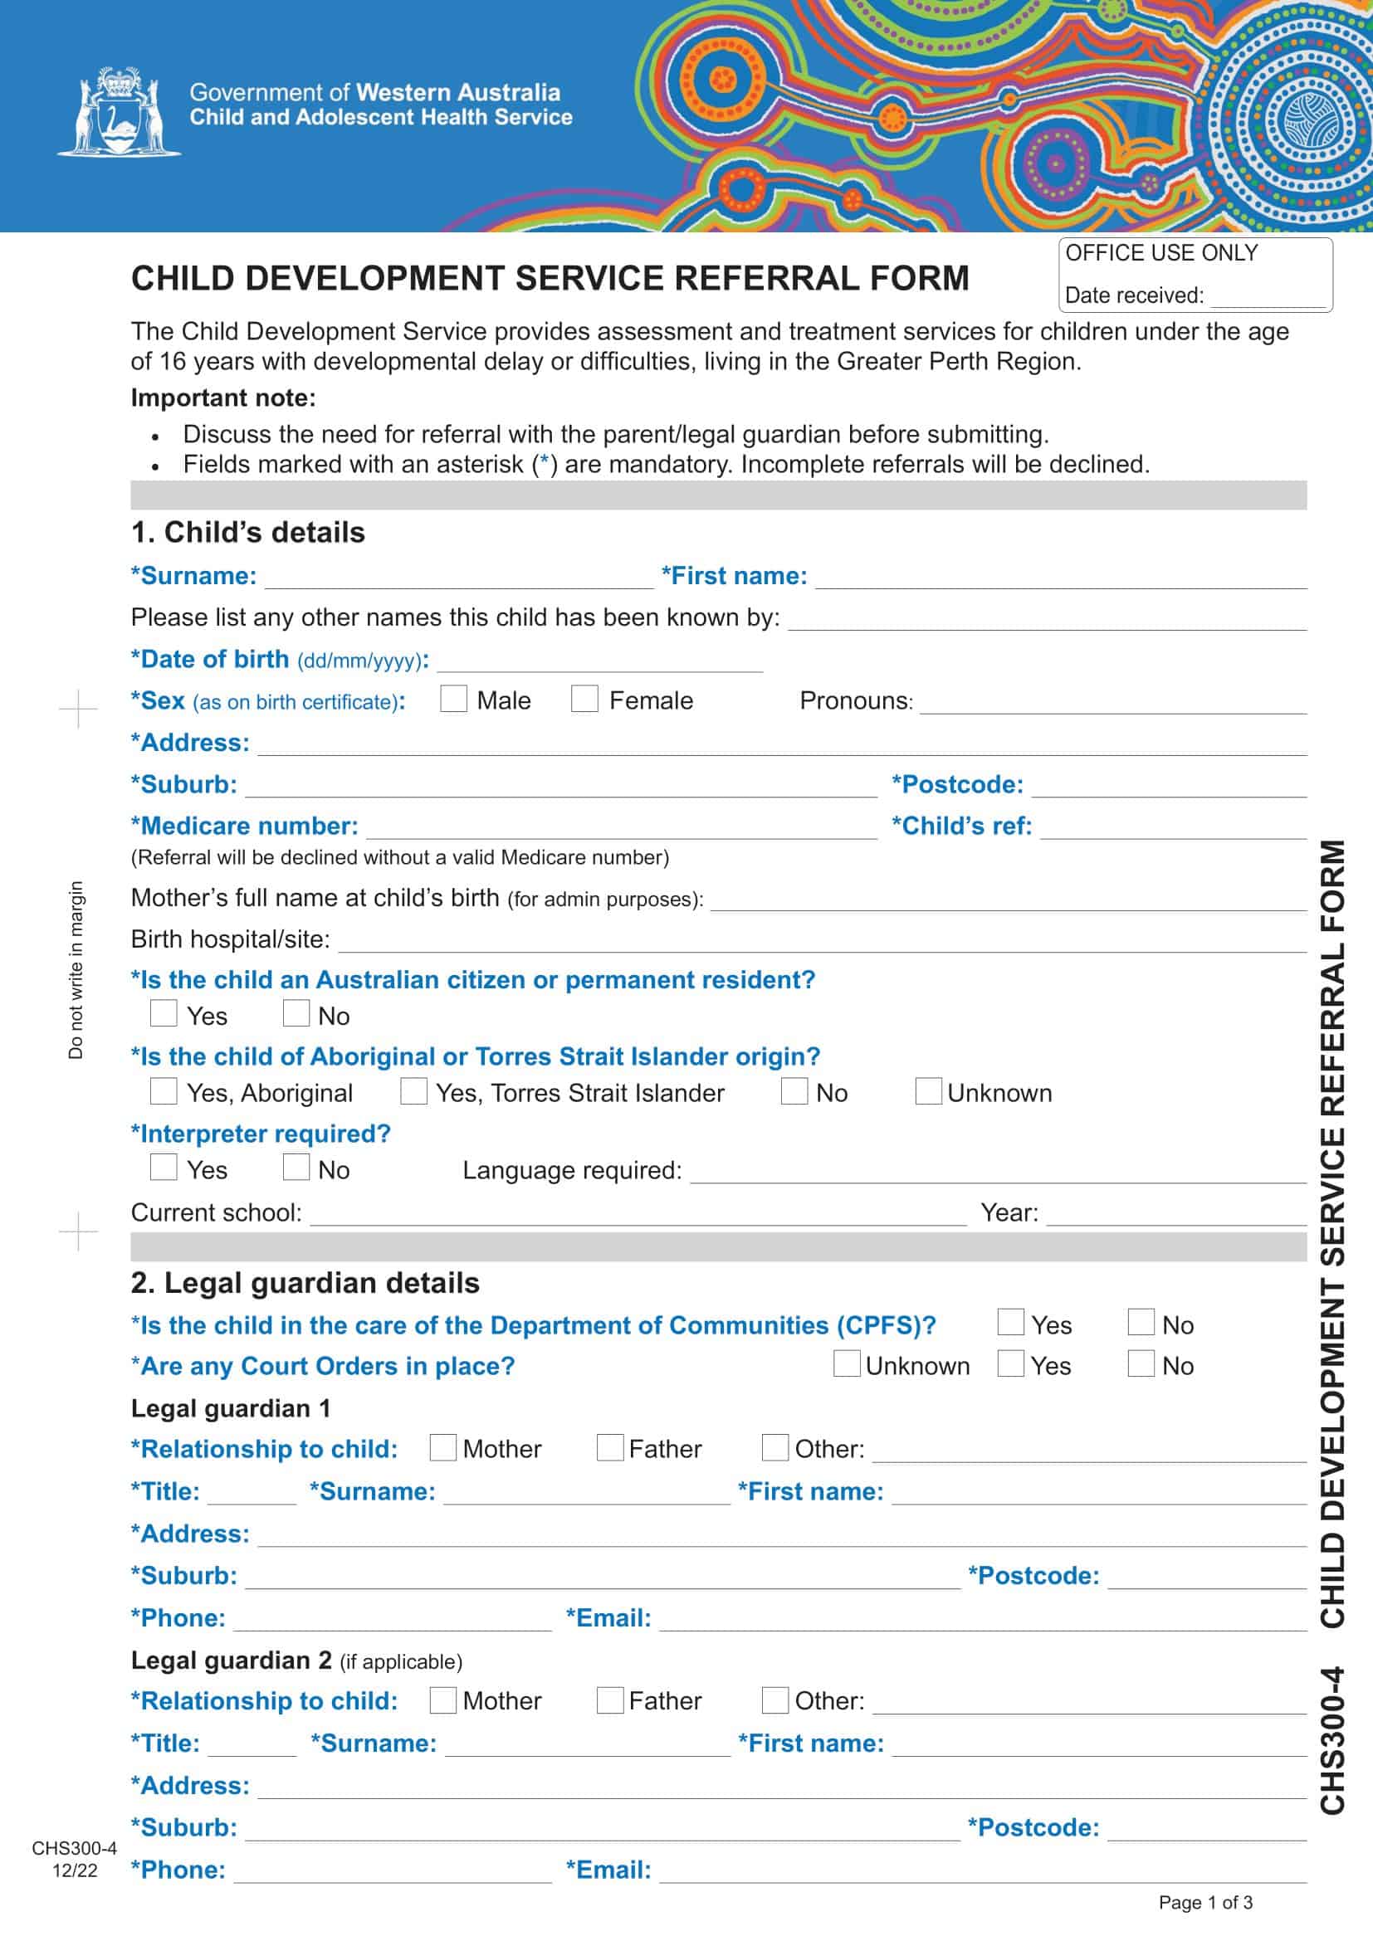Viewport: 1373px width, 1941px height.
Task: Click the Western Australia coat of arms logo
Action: coord(119,112)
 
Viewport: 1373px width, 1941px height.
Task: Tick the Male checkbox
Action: coord(453,699)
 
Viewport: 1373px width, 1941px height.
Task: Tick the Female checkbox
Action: coord(584,699)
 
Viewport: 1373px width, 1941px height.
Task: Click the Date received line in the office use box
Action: coord(1268,298)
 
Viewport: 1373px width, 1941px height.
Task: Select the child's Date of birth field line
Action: coord(599,662)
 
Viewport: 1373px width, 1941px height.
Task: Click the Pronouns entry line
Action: coord(1112,704)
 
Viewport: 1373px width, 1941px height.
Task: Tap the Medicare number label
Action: coord(244,826)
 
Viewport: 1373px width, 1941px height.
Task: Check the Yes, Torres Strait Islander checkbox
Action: coord(413,1091)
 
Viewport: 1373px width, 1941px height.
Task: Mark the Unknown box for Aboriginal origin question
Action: coord(928,1091)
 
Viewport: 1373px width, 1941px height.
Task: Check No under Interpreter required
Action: coord(296,1168)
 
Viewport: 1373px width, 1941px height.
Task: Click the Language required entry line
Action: coord(998,1173)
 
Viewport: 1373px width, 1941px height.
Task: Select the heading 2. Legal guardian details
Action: coord(305,1283)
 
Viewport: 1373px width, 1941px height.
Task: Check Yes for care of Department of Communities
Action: coord(1010,1322)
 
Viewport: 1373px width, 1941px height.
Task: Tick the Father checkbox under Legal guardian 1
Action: coord(609,1447)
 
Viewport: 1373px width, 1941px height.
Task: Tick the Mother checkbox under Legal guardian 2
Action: coord(443,1700)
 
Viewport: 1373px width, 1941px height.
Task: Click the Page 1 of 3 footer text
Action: coord(1204,1902)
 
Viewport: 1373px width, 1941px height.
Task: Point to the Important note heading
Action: coord(223,397)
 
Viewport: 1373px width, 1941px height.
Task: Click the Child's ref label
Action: coord(961,826)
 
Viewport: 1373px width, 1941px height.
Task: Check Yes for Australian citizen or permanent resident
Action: coord(164,1013)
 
